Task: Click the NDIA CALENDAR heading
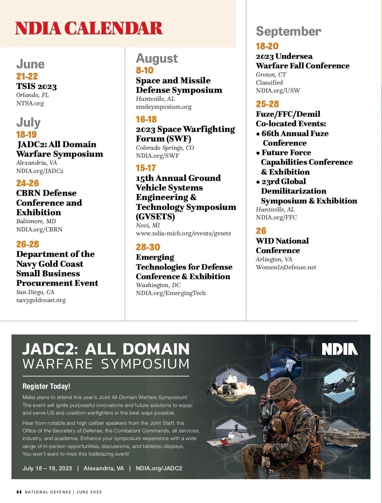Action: pyautogui.click(x=89, y=28)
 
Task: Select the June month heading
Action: pyautogui.click(x=31, y=64)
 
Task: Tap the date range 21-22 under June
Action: pyautogui.click(x=27, y=76)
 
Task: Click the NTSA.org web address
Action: pyautogui.click(x=30, y=103)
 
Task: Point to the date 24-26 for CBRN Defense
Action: pyautogui.click(x=28, y=183)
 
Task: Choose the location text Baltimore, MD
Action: pyautogui.click(x=36, y=221)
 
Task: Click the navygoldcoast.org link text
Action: pyautogui.click(x=41, y=300)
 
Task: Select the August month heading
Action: pyautogui.click(x=157, y=59)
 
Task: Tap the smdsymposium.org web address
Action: pyautogui.click(x=164, y=107)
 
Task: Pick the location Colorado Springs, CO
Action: pyautogui.click(x=165, y=148)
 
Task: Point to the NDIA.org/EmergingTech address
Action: pyautogui.click(x=171, y=293)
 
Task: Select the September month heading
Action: pyautogui.click(x=288, y=31)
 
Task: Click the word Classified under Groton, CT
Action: pyautogui.click(x=269, y=83)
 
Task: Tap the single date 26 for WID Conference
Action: pyautogui.click(x=261, y=231)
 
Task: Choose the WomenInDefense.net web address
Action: pyautogui.click(x=286, y=267)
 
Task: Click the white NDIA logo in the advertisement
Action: pyautogui.click(x=340, y=349)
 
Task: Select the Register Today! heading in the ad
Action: pyautogui.click(x=46, y=386)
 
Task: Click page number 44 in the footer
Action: pyautogui.click(x=19, y=492)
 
